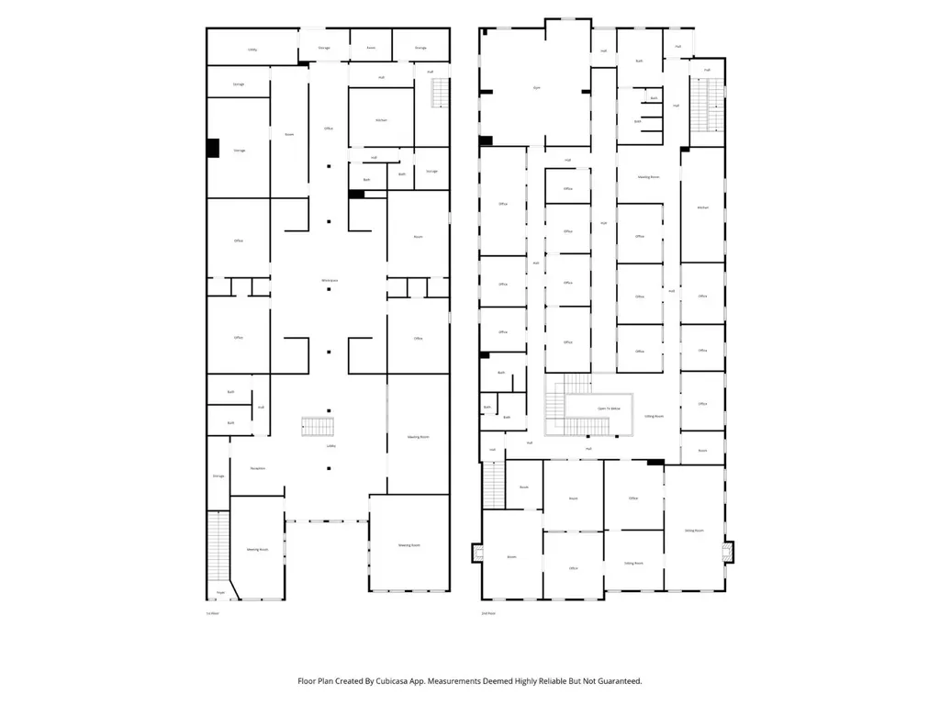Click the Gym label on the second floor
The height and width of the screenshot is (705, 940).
coord(537,87)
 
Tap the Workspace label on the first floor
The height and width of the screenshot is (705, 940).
coord(329,280)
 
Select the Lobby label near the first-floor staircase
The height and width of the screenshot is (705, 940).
coord(330,446)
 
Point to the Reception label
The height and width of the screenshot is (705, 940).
coord(258,468)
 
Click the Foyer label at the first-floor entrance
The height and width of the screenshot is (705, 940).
coord(220,593)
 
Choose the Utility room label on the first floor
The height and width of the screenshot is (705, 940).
coord(252,50)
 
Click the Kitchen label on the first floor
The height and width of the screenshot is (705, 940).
coord(381,120)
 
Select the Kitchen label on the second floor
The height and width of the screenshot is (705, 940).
coord(703,207)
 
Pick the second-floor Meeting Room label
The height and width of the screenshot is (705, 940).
coord(649,176)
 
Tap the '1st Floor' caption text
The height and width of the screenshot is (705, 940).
coord(213,612)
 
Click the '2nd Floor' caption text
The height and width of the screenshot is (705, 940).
coord(488,612)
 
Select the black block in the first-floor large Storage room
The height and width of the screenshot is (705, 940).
coord(213,148)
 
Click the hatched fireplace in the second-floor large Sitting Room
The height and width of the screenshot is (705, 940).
coord(730,551)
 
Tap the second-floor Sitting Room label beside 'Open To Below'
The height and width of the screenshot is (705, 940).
coord(655,416)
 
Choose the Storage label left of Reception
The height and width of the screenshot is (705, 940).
coord(218,476)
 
